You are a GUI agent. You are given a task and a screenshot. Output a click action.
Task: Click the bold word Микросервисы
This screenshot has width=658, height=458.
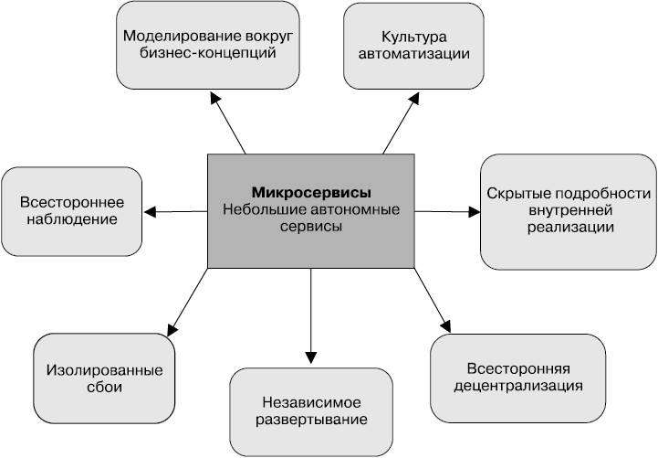(x=311, y=193)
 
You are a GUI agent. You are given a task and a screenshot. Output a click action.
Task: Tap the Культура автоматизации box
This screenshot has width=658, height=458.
(x=413, y=45)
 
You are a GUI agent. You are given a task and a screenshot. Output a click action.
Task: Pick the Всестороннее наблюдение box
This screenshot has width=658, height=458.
(x=71, y=209)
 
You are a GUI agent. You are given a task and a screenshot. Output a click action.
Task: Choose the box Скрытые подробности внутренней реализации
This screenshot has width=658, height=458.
(x=568, y=211)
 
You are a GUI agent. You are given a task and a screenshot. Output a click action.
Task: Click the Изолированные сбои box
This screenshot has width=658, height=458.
(x=104, y=378)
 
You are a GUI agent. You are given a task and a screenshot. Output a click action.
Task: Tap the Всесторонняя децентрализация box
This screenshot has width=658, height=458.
(x=517, y=377)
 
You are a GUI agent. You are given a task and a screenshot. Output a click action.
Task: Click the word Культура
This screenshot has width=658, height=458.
(x=413, y=37)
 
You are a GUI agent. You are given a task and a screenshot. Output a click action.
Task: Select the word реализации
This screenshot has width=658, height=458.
(x=568, y=229)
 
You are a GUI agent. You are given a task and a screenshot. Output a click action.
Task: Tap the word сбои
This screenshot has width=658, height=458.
(x=104, y=388)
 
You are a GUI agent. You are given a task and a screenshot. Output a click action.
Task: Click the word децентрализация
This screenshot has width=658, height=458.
(x=517, y=385)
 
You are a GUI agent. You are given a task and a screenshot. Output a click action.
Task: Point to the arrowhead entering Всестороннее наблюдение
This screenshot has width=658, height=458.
(x=151, y=212)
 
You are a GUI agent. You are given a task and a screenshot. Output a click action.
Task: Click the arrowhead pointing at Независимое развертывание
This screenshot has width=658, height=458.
(x=312, y=355)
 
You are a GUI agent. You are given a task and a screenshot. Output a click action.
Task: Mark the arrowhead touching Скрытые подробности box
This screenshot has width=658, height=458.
(x=473, y=212)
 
